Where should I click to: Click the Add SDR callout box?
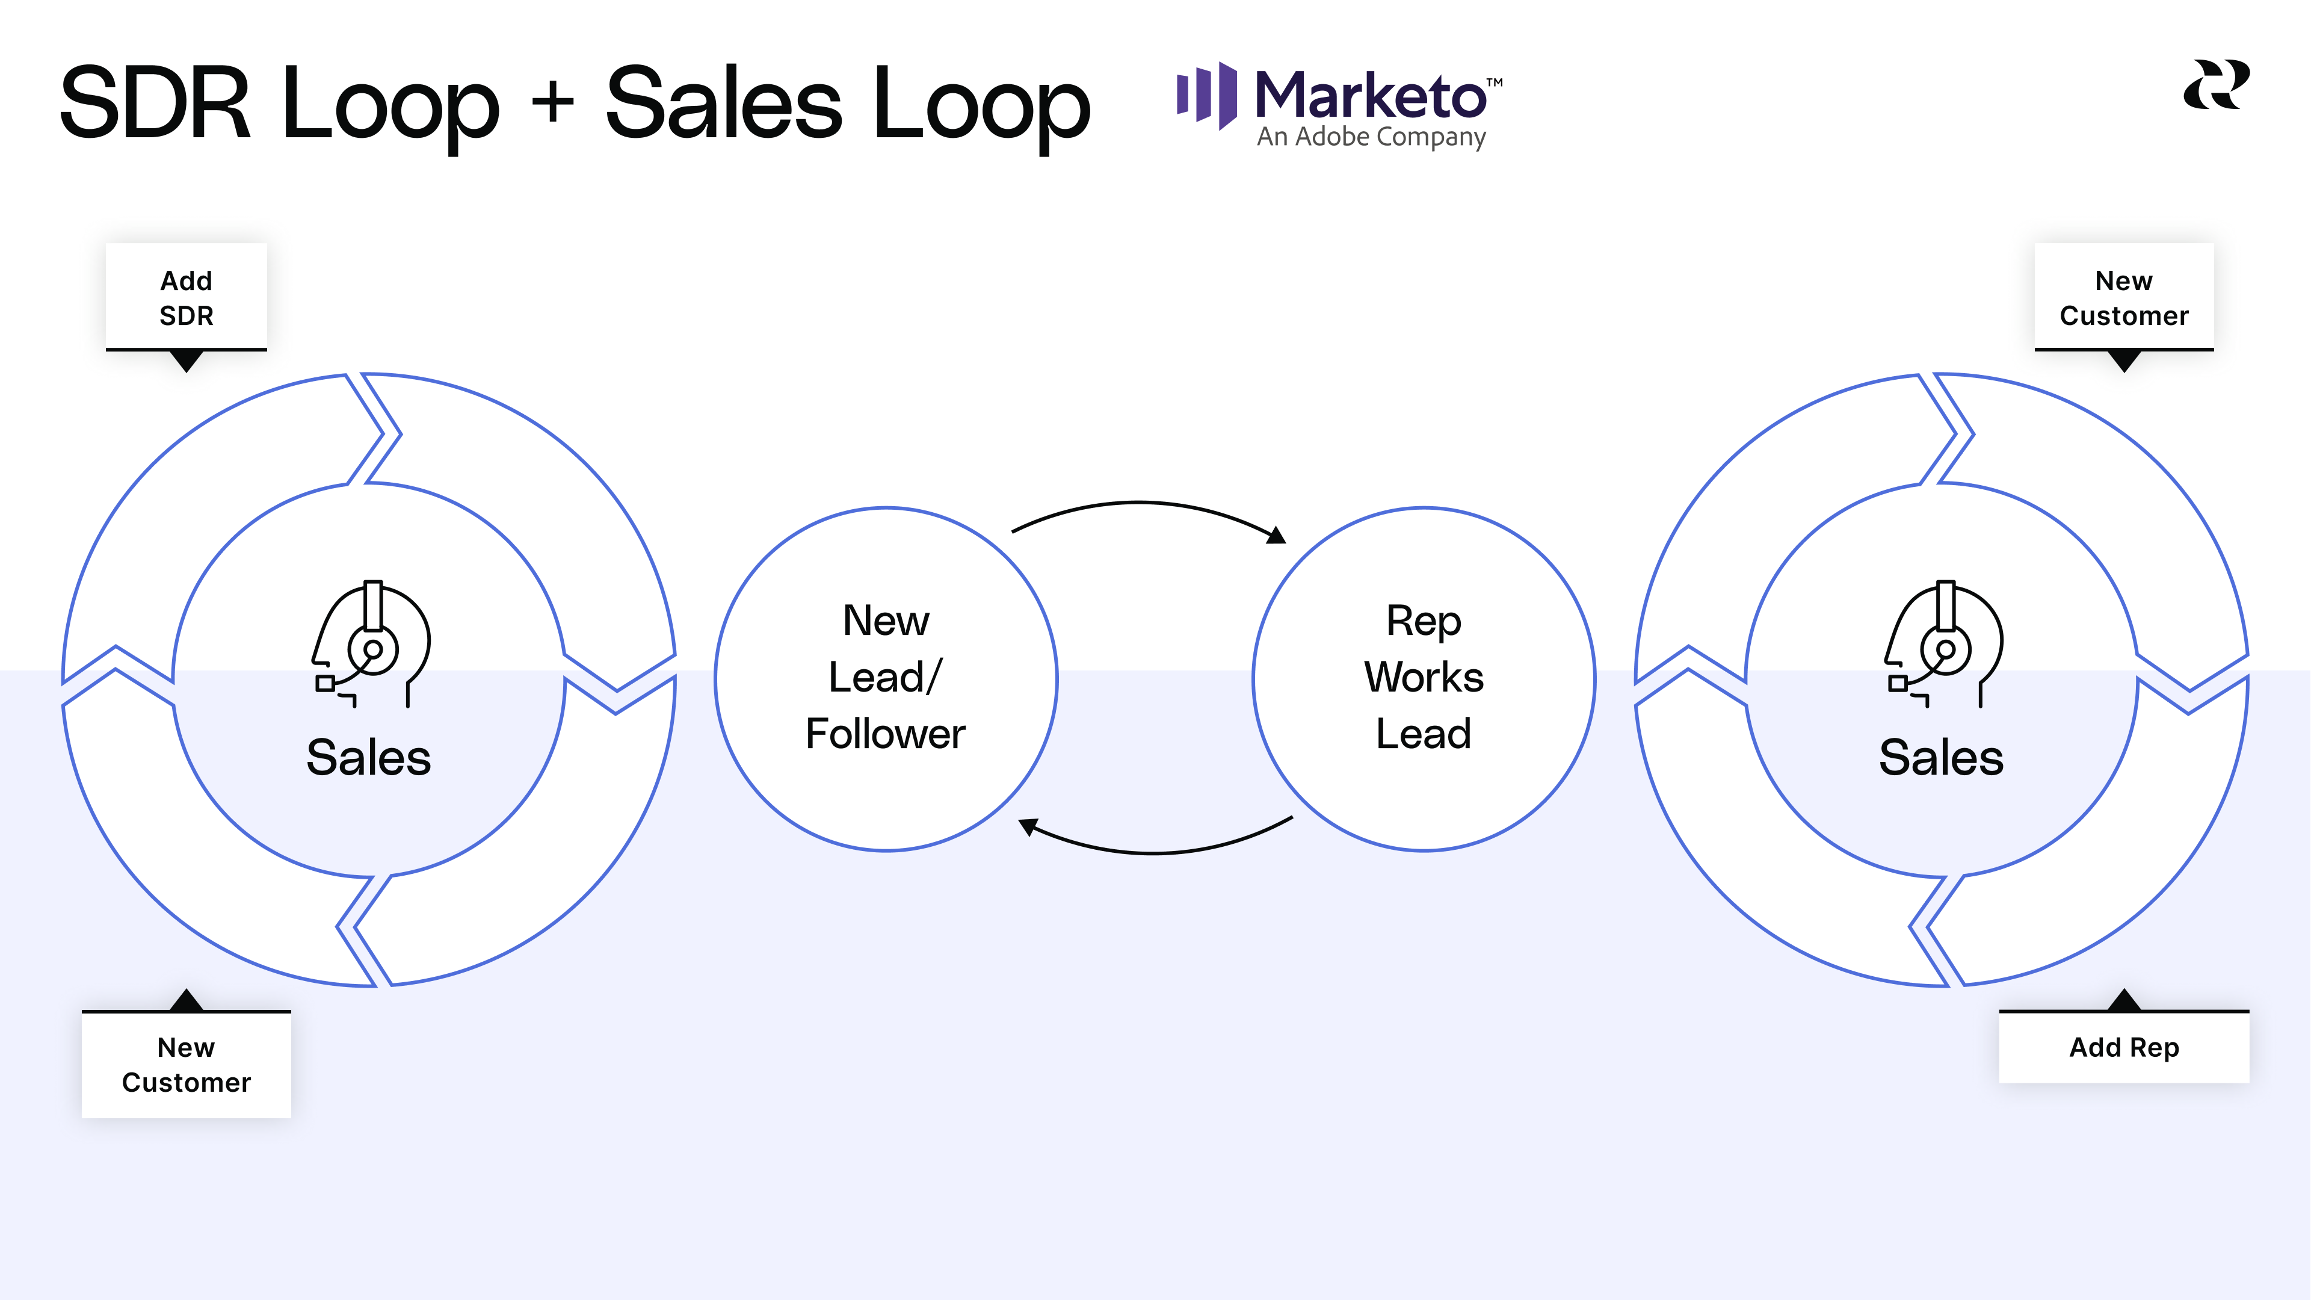pos(187,297)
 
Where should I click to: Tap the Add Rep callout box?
pos(2123,1047)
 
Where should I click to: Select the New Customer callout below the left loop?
pos(187,1065)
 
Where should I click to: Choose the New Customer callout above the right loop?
pos(2123,297)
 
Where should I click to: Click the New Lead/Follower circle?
pos(886,678)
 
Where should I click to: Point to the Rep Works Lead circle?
pos(1424,678)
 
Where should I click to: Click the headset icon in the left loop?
pos(371,644)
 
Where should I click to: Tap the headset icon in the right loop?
pos(1944,644)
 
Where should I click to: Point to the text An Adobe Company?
pos(1371,137)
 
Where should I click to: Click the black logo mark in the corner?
pos(2216,85)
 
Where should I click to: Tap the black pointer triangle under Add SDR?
pos(187,361)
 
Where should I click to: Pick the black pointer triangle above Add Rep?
pos(2123,1000)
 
